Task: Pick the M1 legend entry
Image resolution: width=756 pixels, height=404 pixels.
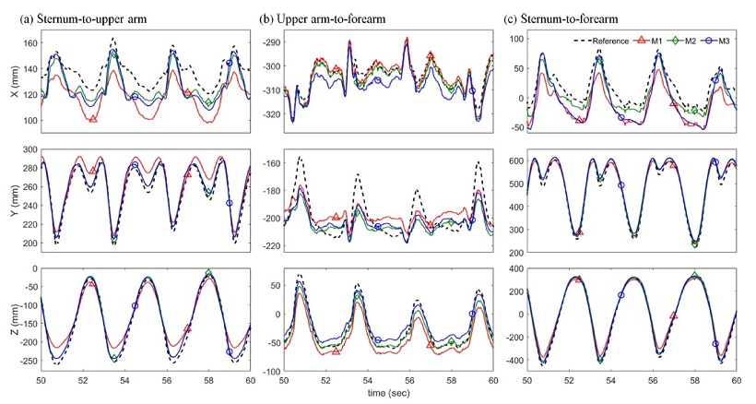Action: (x=657, y=41)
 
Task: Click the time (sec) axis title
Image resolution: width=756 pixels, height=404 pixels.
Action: (x=388, y=392)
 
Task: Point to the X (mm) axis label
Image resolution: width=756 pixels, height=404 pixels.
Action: (x=10, y=82)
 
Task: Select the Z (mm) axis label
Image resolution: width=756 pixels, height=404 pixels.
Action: (x=10, y=319)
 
